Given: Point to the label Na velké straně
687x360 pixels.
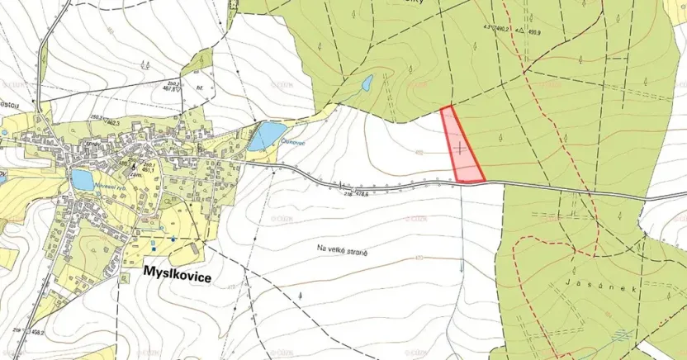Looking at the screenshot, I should (x=340, y=248).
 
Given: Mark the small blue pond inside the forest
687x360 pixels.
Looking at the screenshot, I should (x=367, y=83).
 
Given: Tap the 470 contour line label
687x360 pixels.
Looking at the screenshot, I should (x=419, y=258).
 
